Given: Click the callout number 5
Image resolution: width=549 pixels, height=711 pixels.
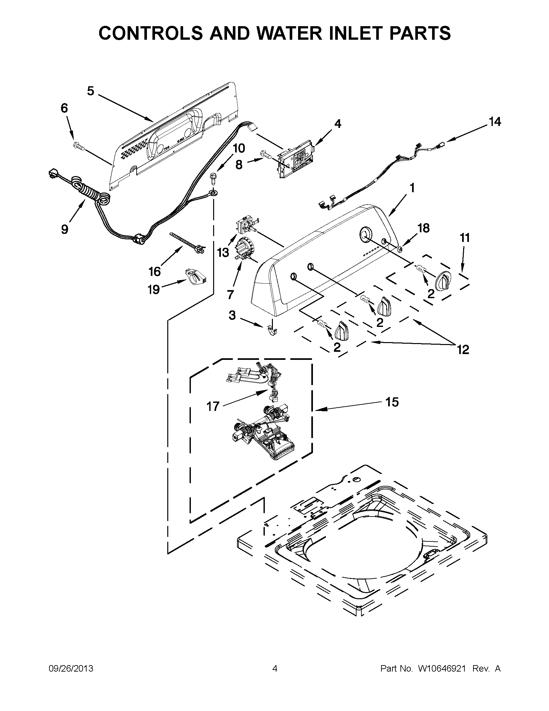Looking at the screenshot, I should coord(90,91).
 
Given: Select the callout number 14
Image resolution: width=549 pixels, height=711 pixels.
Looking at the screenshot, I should coord(495,122).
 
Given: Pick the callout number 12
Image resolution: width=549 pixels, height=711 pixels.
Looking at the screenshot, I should coord(463,349).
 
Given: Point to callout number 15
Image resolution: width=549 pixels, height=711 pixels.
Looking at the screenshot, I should coord(392,402).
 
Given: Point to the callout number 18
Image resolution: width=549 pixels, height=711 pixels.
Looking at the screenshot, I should coord(423,228).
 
